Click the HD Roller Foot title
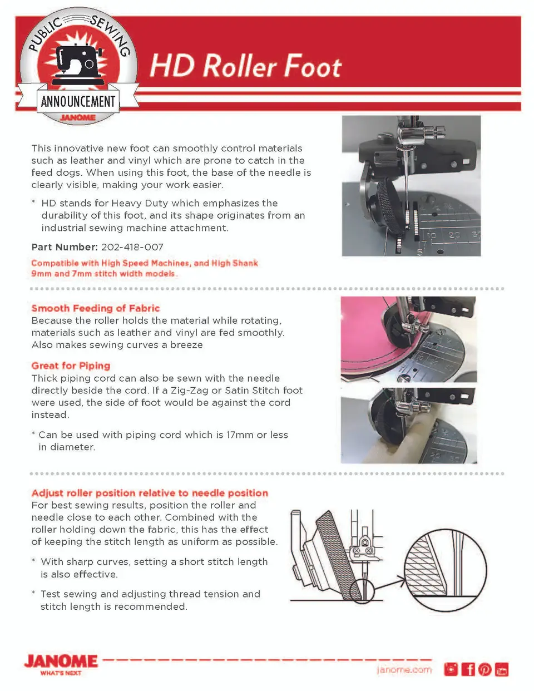coord(245,66)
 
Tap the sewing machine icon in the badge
coord(78,64)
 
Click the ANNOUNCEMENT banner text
coord(78,102)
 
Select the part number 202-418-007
coord(132,247)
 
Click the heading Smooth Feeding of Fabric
coord(96,308)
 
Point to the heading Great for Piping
coord(71,366)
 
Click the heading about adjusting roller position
coord(150,493)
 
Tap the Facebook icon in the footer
coord(468,669)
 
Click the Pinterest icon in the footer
coord(485,669)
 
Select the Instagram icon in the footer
coord(451,669)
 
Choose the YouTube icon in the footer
coord(502,669)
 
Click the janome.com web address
coord(404,670)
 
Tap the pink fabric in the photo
coord(365,337)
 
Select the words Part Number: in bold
coord(65,247)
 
